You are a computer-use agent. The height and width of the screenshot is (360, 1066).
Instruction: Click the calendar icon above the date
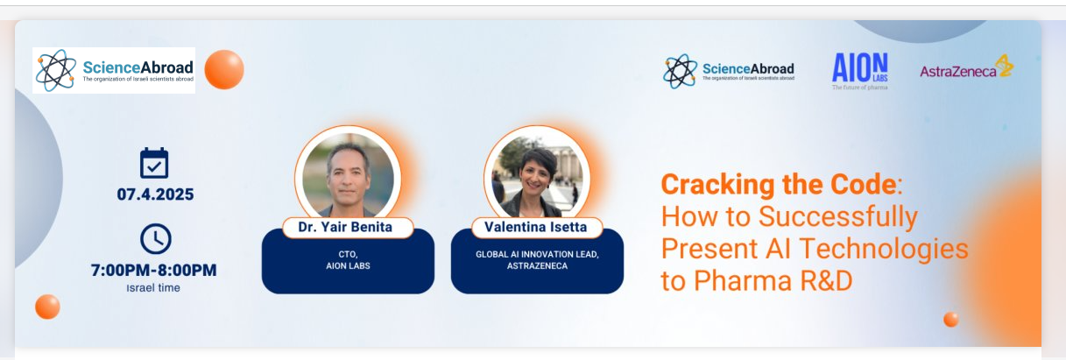[154, 163]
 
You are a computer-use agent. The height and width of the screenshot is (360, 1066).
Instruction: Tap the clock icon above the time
[156, 238]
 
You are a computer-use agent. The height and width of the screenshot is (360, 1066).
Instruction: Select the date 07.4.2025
[155, 194]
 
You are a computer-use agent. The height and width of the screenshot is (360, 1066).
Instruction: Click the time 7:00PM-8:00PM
[153, 270]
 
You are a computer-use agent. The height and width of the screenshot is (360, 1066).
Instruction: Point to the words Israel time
[153, 287]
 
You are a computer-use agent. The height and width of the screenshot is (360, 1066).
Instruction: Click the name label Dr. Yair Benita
[345, 227]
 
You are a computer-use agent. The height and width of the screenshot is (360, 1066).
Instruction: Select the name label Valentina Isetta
[536, 227]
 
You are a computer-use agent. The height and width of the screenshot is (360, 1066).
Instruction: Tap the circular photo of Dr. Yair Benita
[349, 175]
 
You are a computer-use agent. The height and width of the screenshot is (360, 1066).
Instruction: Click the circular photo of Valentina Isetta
[537, 175]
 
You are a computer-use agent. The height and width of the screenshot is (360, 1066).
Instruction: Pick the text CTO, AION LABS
[348, 260]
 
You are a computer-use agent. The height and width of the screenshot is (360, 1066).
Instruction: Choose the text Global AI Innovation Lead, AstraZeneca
[537, 260]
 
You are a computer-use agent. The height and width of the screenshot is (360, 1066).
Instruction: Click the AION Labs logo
[860, 71]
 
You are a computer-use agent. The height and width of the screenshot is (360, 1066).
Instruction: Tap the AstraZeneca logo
[966, 68]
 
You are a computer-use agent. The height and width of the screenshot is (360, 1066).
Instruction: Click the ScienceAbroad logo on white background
[114, 70]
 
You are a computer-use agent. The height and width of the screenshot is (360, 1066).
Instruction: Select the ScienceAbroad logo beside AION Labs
[729, 71]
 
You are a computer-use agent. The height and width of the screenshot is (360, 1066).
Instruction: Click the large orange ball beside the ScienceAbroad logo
[224, 69]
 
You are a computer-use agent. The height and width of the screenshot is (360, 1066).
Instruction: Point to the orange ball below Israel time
[47, 307]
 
